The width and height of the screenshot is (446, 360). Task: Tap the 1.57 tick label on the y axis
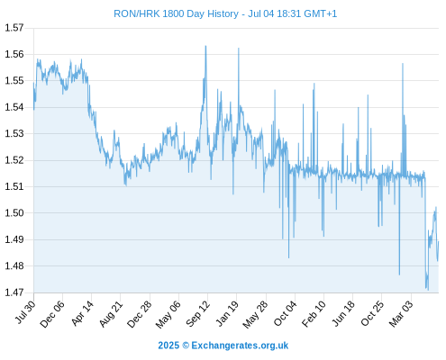[x=14, y=28]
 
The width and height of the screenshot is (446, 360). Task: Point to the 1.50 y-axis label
[x=14, y=213]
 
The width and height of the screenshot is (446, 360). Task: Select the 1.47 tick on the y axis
[x=14, y=292]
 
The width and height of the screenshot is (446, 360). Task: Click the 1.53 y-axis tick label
[x=14, y=133]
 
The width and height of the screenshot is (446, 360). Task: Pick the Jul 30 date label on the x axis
[x=25, y=312]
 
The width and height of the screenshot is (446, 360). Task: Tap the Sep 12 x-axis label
[x=198, y=313]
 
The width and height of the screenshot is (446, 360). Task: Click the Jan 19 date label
[x=227, y=313]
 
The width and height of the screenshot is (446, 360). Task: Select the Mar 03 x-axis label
[x=401, y=314]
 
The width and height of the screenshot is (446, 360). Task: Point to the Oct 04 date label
[x=285, y=313]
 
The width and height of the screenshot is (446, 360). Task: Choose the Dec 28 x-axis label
[x=140, y=314]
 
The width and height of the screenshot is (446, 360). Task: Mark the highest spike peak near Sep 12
[x=205, y=46]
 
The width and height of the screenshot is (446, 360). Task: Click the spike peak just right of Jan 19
[x=239, y=48]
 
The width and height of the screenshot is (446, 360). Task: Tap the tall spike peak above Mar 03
[x=403, y=64]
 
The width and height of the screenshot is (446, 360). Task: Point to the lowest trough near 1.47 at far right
[x=428, y=290]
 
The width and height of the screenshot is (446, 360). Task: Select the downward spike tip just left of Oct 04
[x=289, y=257]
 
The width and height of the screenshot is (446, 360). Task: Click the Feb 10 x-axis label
[x=314, y=314]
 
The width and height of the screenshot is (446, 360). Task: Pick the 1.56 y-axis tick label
[x=14, y=54]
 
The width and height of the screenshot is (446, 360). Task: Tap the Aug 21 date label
[x=111, y=314]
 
